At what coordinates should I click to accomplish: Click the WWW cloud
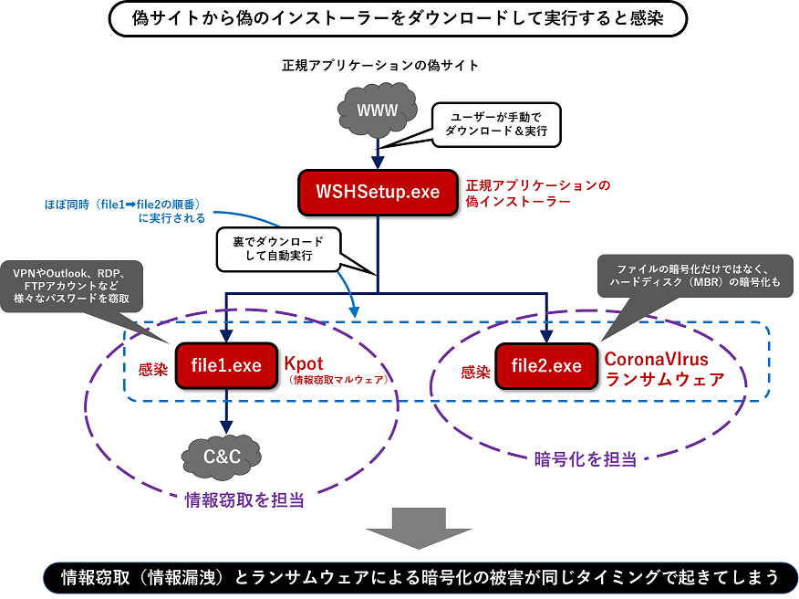pyautogui.click(x=377, y=110)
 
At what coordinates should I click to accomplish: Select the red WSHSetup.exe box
pyautogui.click(x=378, y=192)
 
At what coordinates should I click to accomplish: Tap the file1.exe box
pyautogui.click(x=226, y=366)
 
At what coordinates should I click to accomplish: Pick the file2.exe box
pyautogui.click(x=546, y=366)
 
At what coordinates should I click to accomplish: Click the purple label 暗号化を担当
pyautogui.click(x=585, y=459)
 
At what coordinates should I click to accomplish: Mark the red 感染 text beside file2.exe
pyautogui.click(x=475, y=373)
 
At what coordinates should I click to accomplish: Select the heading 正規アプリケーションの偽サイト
pyautogui.click(x=380, y=66)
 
